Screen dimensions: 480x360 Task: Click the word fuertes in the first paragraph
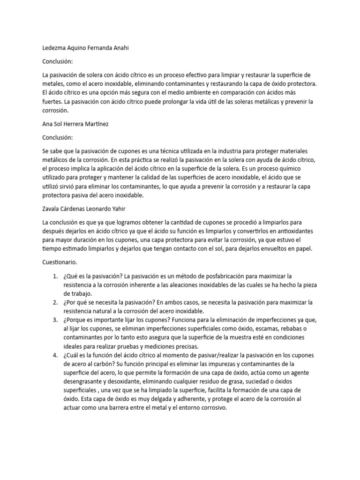point(52,101)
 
